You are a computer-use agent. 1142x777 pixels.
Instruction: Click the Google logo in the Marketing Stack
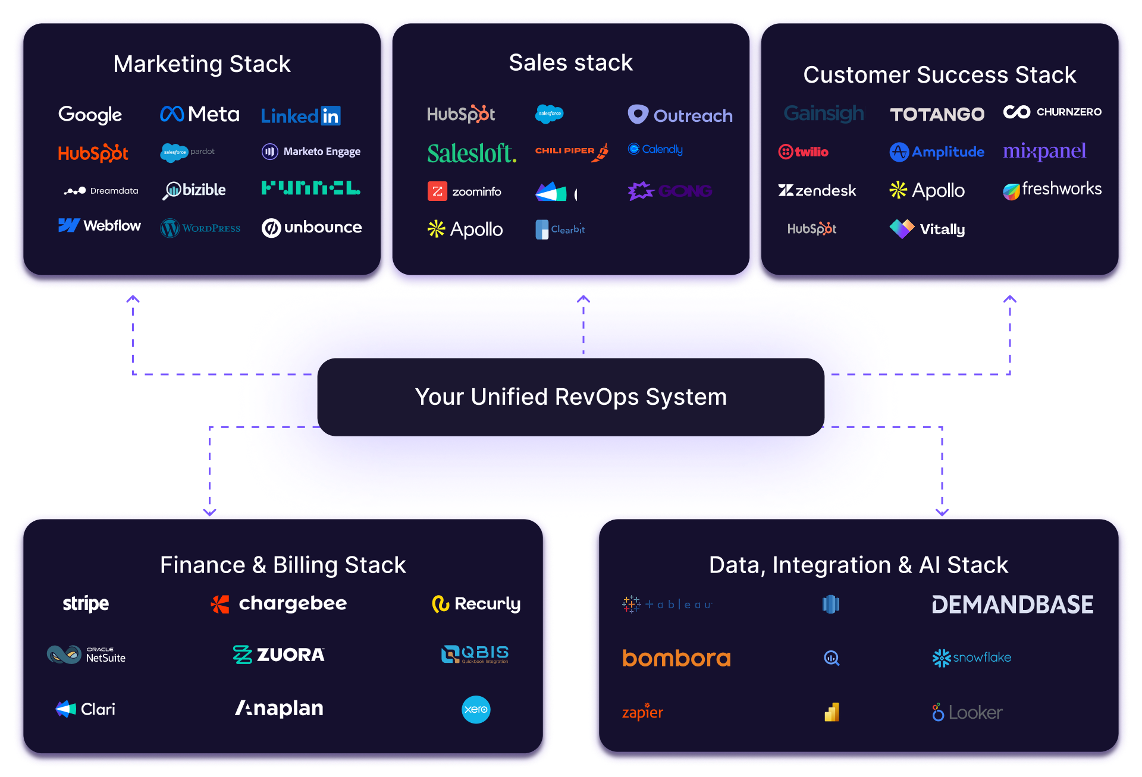point(90,114)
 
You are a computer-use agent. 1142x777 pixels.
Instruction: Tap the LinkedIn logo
point(300,115)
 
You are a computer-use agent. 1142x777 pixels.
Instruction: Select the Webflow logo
point(99,226)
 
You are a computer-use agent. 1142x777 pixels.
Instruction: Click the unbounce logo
point(312,228)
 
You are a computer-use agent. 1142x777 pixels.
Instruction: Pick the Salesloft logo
point(472,153)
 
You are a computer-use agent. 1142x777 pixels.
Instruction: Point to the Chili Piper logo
point(571,151)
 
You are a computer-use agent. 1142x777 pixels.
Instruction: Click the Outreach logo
point(680,115)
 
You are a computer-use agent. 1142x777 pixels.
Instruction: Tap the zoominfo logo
point(465,191)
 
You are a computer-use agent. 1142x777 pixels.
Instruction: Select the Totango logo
point(937,114)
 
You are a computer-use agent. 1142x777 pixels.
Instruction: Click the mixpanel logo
point(1044,152)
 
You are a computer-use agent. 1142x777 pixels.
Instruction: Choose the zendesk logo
point(817,190)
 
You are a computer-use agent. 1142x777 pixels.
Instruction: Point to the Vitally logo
point(927,229)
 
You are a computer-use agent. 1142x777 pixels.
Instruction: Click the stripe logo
point(86,603)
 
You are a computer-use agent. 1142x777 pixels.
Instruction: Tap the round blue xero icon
point(476,709)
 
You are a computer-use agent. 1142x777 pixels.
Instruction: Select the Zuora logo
point(278,655)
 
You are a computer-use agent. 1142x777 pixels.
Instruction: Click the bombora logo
point(676,658)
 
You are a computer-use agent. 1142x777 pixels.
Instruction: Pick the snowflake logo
point(972,658)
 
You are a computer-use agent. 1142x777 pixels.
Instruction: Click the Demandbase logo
point(1012,605)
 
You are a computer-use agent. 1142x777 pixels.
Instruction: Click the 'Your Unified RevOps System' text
point(571,397)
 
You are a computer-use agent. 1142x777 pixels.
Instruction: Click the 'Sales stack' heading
point(571,62)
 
